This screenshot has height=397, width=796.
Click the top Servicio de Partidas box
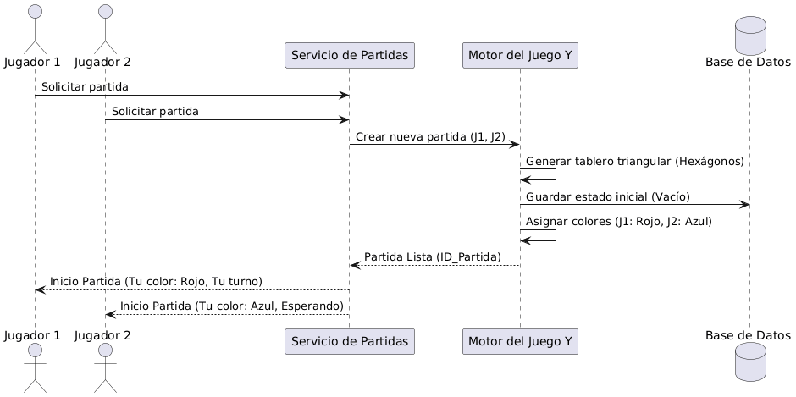click(349, 56)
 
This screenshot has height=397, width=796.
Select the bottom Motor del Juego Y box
click(520, 341)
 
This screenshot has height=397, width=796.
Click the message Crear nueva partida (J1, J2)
click(430, 136)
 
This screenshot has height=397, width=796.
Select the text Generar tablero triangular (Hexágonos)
click(634, 161)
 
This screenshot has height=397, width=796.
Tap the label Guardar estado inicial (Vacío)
click(607, 196)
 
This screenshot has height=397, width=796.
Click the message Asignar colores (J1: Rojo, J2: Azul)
click(618, 221)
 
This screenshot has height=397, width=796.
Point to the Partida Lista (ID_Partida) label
click(432, 256)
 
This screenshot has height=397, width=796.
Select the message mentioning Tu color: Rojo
click(156, 280)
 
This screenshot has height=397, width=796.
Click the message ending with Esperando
click(231, 305)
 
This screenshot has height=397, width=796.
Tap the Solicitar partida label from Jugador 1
click(85, 87)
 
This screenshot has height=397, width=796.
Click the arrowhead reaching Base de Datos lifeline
click(744, 204)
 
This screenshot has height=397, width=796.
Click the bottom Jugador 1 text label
click(32, 335)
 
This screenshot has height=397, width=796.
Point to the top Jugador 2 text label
click(102, 62)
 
